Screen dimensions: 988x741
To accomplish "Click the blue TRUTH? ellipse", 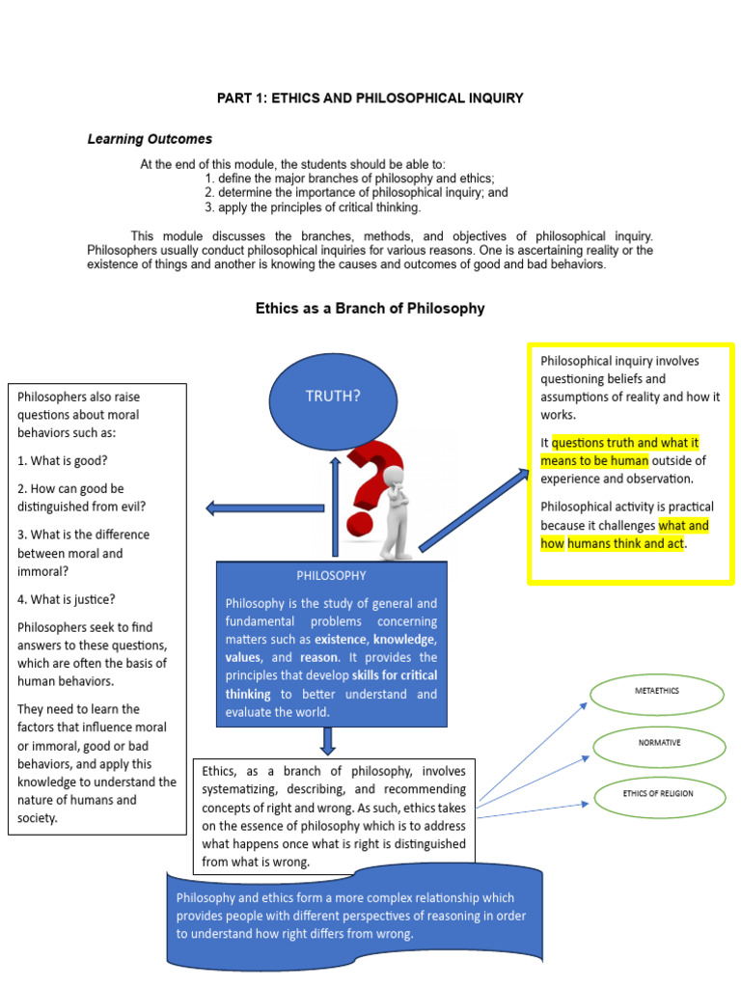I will click(333, 396).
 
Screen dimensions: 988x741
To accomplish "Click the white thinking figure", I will click(397, 511).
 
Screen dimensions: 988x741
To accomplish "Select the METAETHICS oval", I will click(657, 693).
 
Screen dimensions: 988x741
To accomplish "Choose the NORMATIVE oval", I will click(659, 743).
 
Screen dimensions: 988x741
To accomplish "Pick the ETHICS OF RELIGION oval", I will click(658, 794).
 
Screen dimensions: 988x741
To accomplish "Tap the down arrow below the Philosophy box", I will click(328, 740).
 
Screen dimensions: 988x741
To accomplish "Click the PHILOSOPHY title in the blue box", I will click(331, 575).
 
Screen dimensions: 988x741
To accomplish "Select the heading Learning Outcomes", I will click(150, 140).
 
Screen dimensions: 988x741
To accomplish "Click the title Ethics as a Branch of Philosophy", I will click(370, 309).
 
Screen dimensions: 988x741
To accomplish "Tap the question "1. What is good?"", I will click(63, 460).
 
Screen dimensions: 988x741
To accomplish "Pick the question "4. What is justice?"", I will click(67, 599).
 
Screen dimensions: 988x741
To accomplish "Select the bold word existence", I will click(341, 639).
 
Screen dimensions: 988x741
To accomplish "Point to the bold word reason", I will click(318, 657).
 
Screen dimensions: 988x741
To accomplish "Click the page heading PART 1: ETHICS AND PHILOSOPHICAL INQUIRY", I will click(370, 98).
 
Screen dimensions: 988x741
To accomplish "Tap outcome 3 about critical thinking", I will click(313, 207).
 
